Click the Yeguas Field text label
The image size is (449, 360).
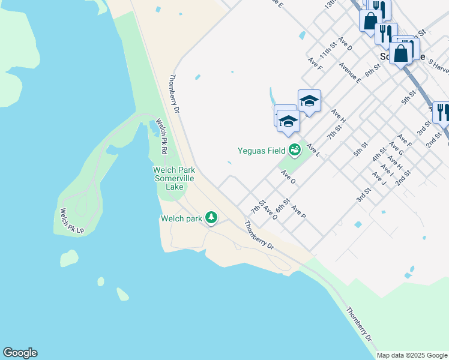[x=262, y=151]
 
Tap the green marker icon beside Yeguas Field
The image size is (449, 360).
[x=294, y=150]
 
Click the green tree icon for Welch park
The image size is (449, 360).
[x=211, y=217]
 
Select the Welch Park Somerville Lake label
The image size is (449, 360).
[x=175, y=179]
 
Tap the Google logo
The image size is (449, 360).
[x=20, y=353]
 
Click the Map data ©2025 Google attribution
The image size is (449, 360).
[x=411, y=355]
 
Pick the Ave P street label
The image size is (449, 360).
[x=298, y=212]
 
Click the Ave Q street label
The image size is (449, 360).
[x=270, y=212]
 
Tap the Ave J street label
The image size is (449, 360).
[x=379, y=178]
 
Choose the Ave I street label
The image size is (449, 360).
[x=387, y=170]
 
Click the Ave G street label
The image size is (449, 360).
[x=396, y=148]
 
